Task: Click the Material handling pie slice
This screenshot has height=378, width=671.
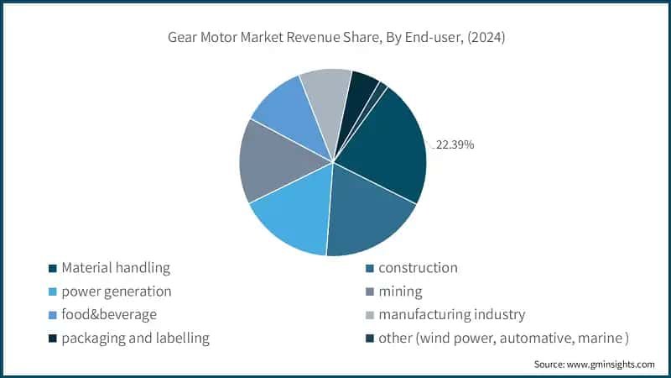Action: [x=386, y=151]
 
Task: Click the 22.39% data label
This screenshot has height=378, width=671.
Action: [x=455, y=144]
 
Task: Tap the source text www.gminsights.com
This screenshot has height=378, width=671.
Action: [x=595, y=365]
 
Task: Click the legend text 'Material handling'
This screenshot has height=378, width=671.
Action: [x=116, y=268]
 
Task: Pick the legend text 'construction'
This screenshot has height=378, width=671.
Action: [x=418, y=268]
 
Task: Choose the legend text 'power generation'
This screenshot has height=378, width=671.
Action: [x=116, y=291]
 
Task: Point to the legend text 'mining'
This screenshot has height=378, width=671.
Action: [x=400, y=291]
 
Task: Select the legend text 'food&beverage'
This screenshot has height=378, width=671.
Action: [x=108, y=315]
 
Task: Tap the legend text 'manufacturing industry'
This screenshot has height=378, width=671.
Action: [x=451, y=315]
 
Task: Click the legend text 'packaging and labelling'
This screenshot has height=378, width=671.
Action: [x=134, y=339]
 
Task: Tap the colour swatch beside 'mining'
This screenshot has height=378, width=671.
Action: [x=369, y=292]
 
